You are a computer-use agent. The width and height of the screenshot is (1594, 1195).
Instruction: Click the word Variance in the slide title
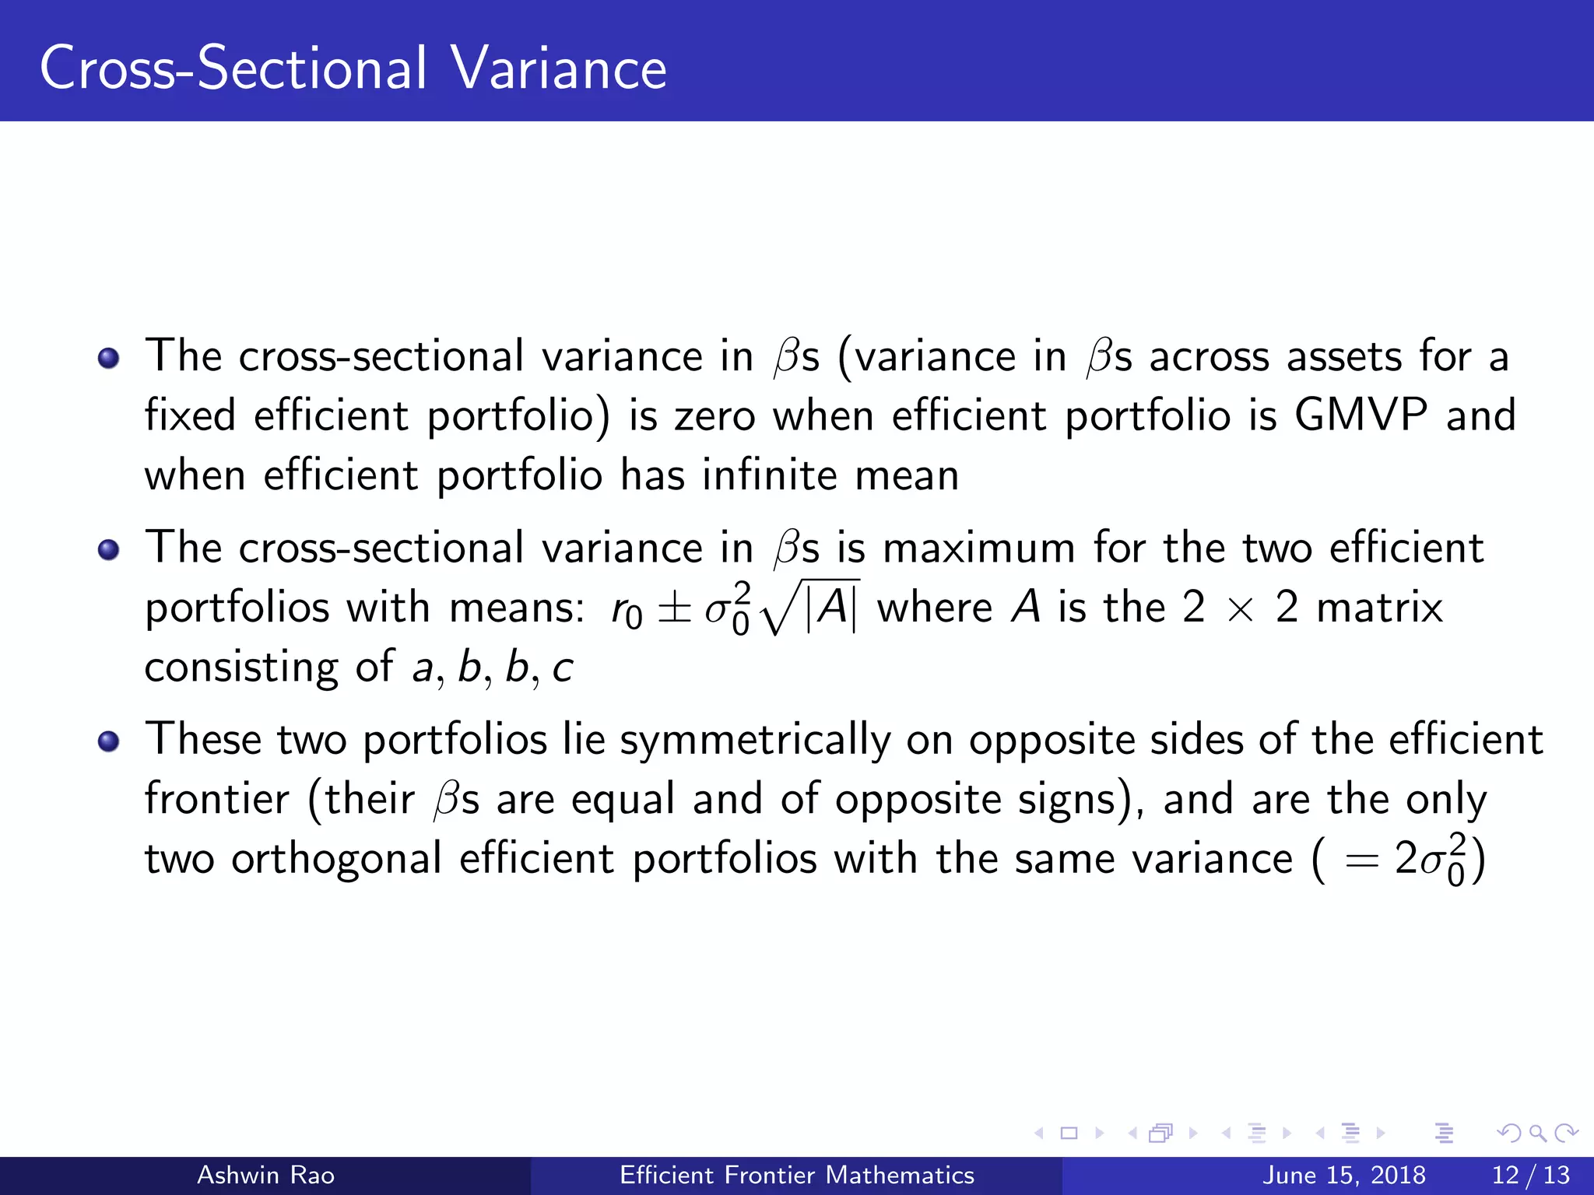[x=558, y=68]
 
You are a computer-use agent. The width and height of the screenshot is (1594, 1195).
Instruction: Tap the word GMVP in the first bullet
[x=1361, y=415]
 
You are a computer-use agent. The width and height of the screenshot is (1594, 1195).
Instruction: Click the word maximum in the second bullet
[x=978, y=548]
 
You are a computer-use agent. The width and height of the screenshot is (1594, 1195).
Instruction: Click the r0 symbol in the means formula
[x=627, y=611]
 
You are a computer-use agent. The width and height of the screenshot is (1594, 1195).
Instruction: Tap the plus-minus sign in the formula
[x=674, y=609]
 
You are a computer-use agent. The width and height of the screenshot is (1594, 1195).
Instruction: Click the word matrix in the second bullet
[x=1379, y=608]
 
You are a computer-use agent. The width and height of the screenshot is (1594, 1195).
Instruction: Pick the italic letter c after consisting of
[x=563, y=668]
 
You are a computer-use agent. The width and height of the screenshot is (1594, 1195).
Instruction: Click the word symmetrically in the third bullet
[x=754, y=741]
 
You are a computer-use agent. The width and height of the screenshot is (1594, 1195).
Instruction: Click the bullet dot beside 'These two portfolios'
[x=108, y=741]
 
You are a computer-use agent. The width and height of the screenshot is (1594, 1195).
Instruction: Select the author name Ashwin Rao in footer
[x=265, y=1175]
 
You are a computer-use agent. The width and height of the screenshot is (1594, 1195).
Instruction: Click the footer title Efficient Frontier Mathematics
[x=796, y=1175]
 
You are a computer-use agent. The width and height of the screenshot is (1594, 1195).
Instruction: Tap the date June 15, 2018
[x=1343, y=1175]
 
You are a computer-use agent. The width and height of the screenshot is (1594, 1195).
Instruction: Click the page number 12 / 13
[x=1530, y=1175]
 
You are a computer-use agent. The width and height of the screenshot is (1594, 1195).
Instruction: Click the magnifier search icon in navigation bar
[x=1537, y=1133]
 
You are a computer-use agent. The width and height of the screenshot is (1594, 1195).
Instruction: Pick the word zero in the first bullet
[x=714, y=416]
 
